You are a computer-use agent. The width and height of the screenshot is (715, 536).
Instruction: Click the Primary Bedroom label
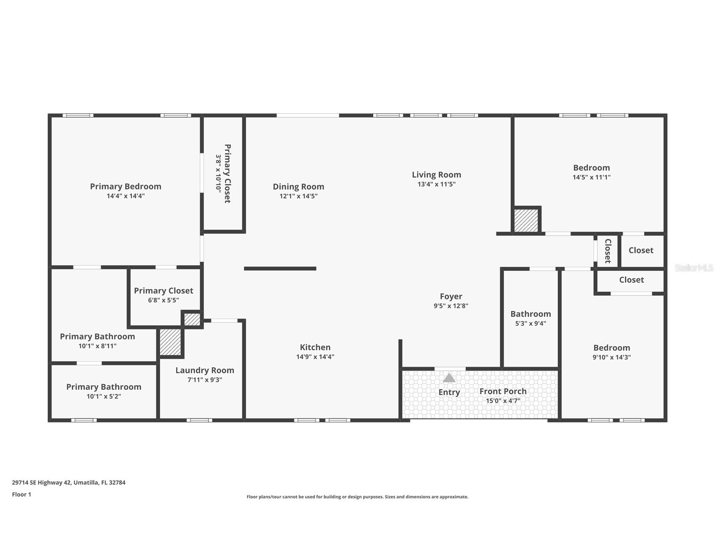pos(126,186)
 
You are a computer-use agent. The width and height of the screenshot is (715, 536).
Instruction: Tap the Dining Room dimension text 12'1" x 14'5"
pos(298,196)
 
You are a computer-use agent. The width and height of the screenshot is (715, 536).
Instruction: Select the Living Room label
pos(436,174)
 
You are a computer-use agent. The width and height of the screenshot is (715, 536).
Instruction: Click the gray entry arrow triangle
pos(449,378)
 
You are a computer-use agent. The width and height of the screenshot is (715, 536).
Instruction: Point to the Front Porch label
pos(503,391)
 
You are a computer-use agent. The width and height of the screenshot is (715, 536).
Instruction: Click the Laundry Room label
pos(205,370)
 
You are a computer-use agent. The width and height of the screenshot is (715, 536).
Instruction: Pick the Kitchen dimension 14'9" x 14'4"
pos(315,356)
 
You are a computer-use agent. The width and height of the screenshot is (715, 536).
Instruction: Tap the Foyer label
pos(451,296)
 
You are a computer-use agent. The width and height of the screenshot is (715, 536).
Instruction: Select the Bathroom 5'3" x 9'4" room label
pos(530,314)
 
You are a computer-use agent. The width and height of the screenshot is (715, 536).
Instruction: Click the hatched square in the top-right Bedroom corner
pos(526,220)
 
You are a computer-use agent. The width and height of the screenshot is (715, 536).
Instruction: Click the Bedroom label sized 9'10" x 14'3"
pos(611,348)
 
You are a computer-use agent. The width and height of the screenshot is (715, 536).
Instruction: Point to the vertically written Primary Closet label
pos(228,174)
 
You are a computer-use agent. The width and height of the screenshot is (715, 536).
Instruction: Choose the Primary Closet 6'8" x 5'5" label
pos(163,290)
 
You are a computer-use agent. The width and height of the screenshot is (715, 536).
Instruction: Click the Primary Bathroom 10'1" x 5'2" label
pos(104,387)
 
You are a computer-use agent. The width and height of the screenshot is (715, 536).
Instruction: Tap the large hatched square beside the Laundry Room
pos(170,342)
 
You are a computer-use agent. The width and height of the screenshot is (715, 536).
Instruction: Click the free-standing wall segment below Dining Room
pos(280,268)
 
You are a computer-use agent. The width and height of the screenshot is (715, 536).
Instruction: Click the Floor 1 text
pos(21,494)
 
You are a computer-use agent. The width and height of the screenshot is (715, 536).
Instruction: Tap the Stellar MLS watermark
pos(694,268)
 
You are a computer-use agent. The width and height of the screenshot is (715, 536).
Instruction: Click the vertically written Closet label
pos(608,251)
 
